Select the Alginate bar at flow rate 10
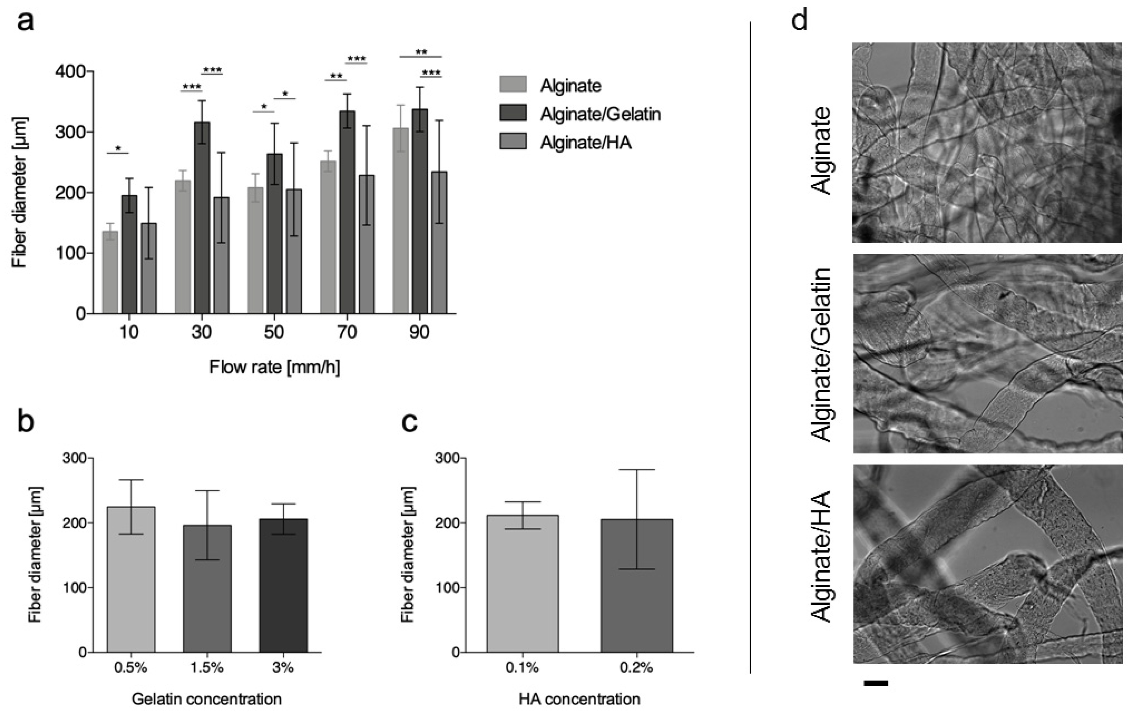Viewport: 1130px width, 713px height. point(110,272)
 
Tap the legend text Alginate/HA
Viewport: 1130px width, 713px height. point(586,142)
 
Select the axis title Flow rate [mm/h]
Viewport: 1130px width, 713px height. point(275,367)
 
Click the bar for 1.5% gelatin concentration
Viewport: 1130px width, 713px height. point(207,589)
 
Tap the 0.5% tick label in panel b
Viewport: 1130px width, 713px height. point(131,667)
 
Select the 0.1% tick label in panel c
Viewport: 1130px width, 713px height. point(522,667)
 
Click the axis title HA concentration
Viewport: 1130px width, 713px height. point(579,699)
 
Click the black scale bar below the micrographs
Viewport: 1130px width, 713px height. point(876,684)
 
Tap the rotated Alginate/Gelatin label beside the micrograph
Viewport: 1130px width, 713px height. point(822,354)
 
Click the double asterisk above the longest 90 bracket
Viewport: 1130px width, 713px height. point(421,52)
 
